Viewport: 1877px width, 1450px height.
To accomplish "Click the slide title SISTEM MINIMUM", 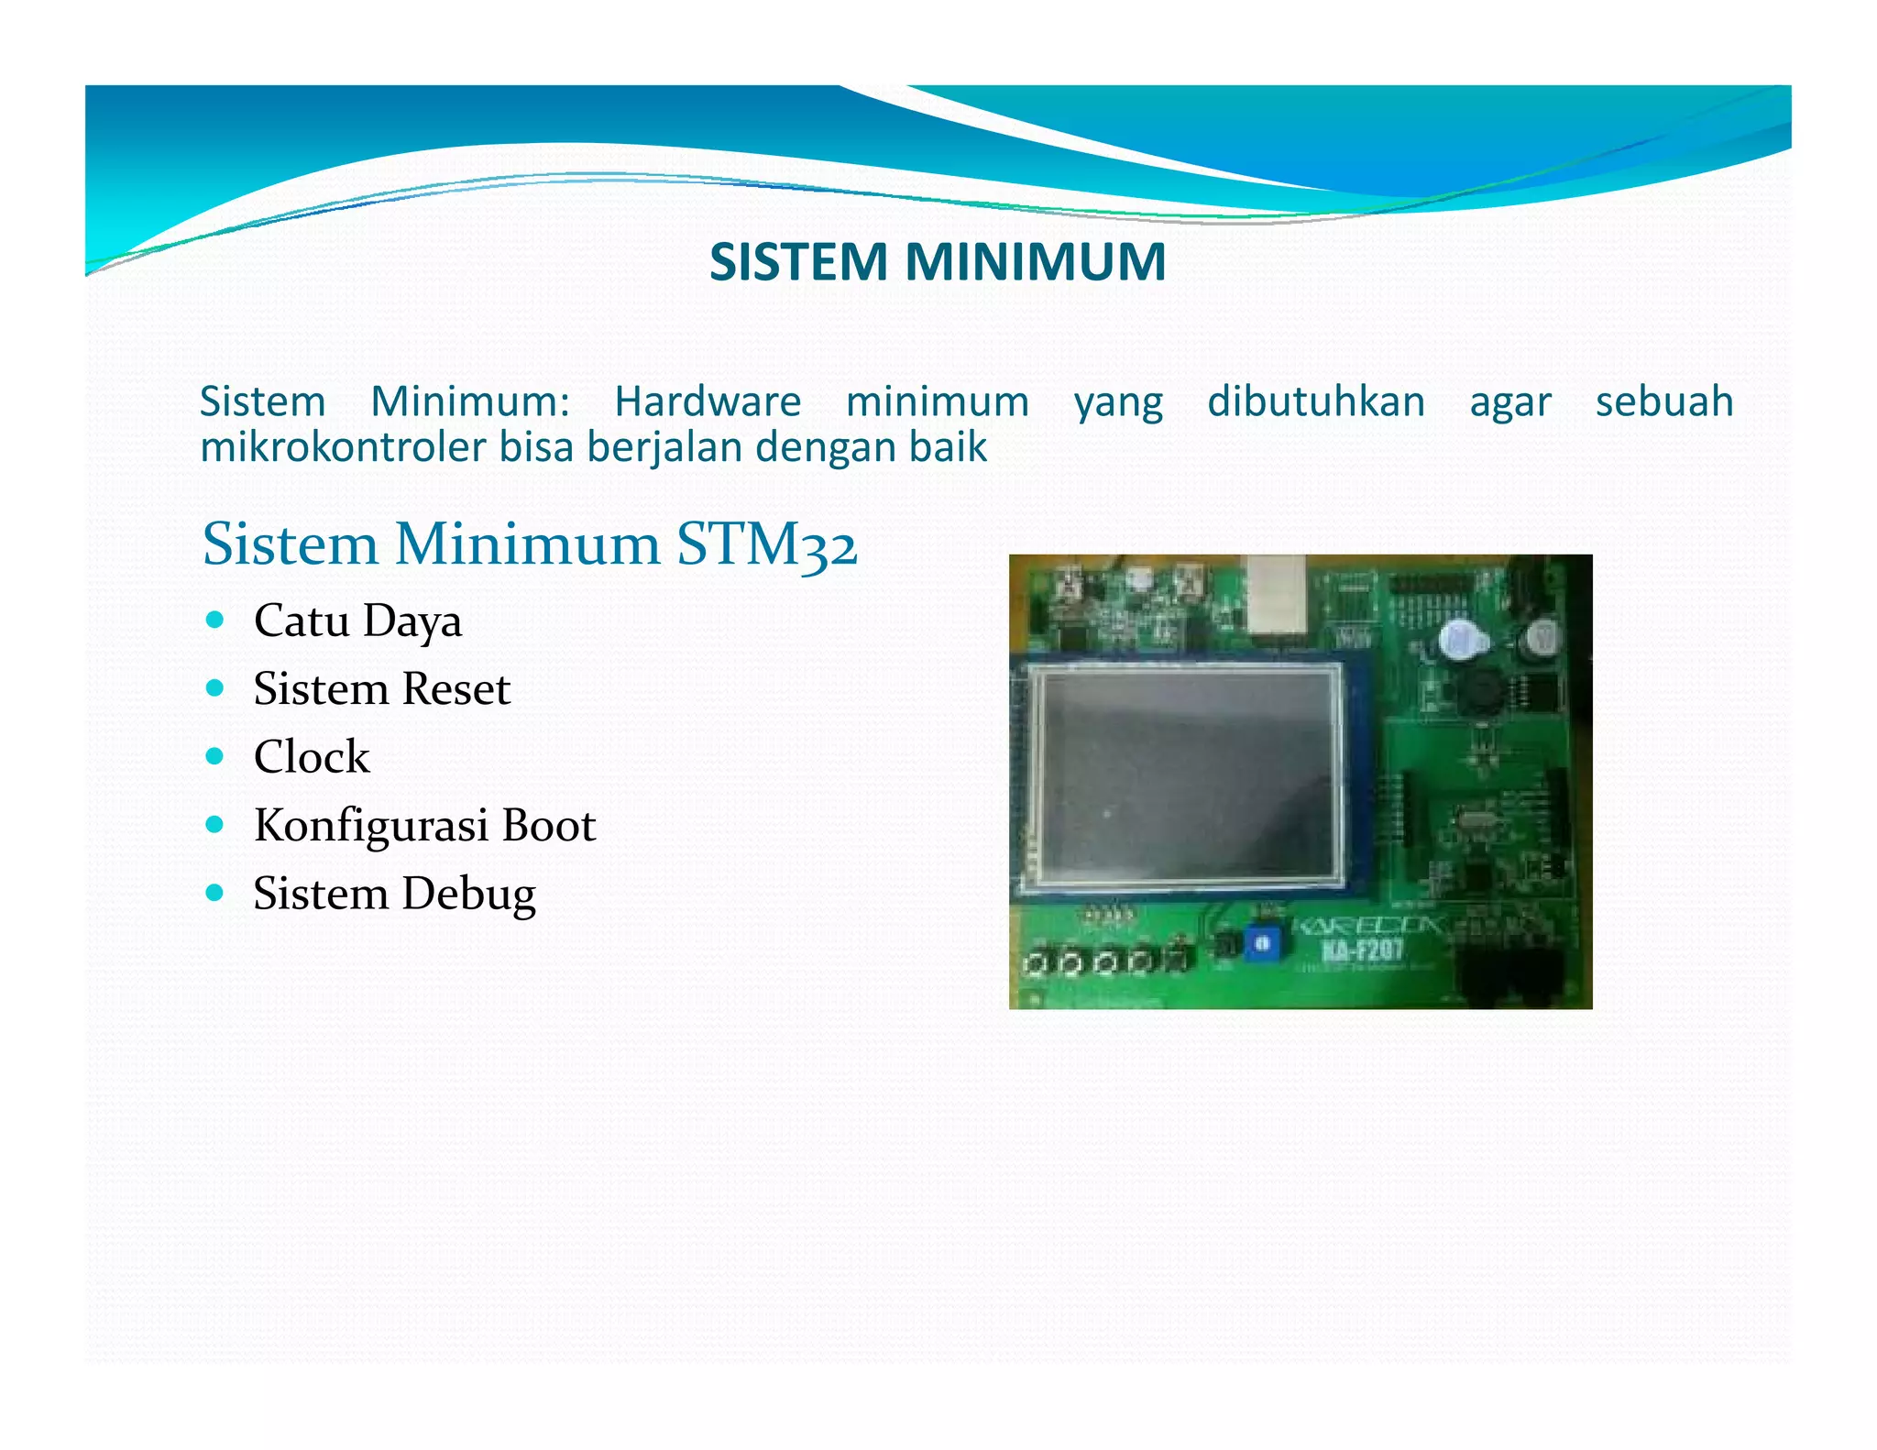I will tap(938, 262).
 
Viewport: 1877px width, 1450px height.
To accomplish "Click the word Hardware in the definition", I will tap(708, 401).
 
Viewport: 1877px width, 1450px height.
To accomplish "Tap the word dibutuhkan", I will tap(1315, 401).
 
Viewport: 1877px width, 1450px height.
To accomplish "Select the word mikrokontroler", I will tap(343, 447).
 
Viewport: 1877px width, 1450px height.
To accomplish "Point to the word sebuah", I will tap(1663, 401).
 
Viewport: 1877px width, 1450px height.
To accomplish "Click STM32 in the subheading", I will tap(766, 544).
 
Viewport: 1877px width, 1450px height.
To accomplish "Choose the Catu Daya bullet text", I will tap(357, 621).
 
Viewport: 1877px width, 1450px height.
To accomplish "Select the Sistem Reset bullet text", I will tap(381, 689).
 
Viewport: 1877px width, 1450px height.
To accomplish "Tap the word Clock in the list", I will tap(312, 757).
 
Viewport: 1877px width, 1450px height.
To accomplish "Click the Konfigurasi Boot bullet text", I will tap(424, 825).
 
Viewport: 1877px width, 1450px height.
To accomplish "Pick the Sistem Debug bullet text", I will tap(394, 894).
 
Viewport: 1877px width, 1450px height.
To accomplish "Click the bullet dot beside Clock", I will tap(215, 756).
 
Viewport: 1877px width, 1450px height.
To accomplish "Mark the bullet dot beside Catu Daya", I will tap(215, 620).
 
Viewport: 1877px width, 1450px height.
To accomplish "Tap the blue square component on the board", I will tap(1261, 943).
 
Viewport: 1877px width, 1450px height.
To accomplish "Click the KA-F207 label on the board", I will tap(1362, 949).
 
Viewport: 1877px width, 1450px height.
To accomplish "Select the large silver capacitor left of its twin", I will tap(1458, 639).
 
